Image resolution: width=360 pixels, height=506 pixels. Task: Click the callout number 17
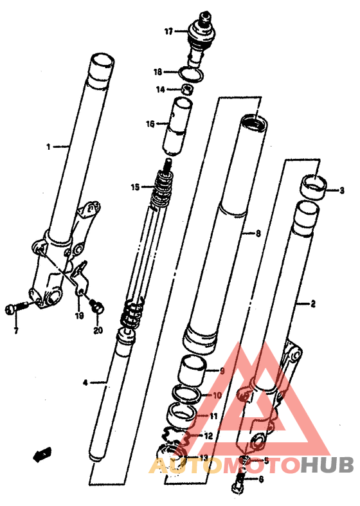[x=168, y=32]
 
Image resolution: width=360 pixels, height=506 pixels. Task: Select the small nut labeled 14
[x=187, y=89]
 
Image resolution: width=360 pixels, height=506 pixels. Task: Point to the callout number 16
[x=150, y=124]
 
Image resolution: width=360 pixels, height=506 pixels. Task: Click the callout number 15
[x=135, y=187]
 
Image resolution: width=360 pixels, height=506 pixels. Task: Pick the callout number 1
[x=48, y=147]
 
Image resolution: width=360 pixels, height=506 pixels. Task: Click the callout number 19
[x=79, y=316]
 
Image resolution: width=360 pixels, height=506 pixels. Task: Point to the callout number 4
[x=85, y=383]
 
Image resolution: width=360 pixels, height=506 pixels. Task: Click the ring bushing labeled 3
[x=314, y=187]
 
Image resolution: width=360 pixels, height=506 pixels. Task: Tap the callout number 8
[x=258, y=233]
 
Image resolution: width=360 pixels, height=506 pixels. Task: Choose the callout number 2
[x=312, y=303]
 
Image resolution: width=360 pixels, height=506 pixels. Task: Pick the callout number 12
[x=209, y=436]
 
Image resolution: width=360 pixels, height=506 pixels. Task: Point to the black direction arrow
[x=42, y=455]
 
